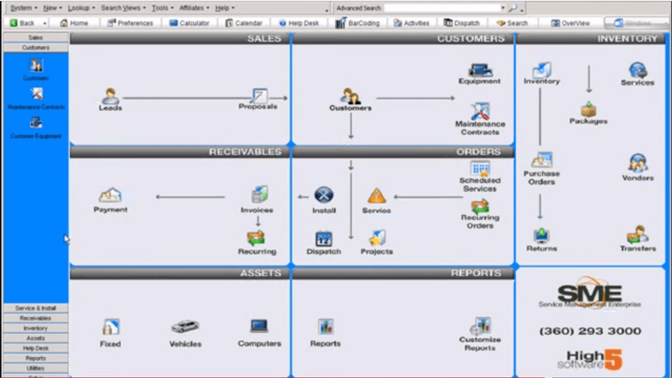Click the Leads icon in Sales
(x=110, y=96)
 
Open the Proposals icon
(x=259, y=95)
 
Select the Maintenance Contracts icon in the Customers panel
(x=480, y=111)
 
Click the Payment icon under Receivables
(x=110, y=195)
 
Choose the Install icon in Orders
(x=324, y=196)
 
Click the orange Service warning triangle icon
(x=376, y=196)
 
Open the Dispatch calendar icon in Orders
(x=324, y=238)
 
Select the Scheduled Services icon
(x=480, y=168)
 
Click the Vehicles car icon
(x=185, y=327)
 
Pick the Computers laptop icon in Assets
(x=259, y=326)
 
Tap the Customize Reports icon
(x=480, y=326)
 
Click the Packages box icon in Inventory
(x=588, y=110)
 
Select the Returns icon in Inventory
(x=542, y=235)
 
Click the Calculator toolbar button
(x=189, y=23)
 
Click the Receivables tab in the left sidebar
(x=36, y=318)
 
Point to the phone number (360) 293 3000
(x=590, y=331)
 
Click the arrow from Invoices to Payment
(x=190, y=197)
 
